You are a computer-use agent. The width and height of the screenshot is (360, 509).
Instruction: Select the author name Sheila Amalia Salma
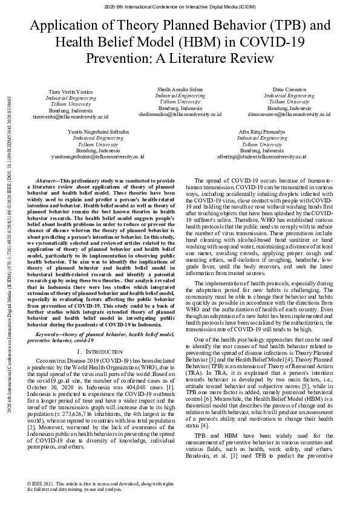point(180,89)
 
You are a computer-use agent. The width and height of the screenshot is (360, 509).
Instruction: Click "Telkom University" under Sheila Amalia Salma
point(180,102)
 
